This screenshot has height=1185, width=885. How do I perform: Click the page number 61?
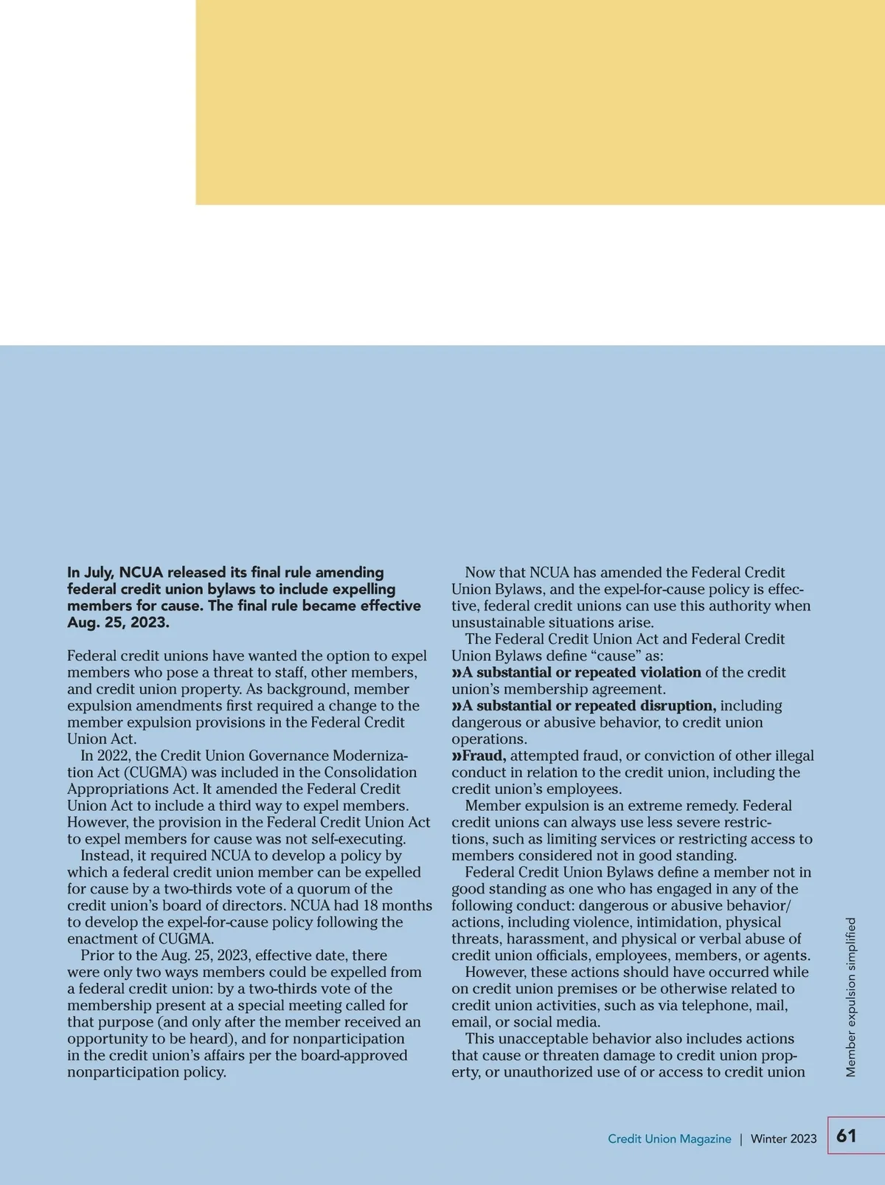click(x=847, y=1136)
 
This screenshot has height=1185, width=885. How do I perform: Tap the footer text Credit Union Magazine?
click(x=669, y=1139)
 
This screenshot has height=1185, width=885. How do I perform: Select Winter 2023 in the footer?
click(x=783, y=1139)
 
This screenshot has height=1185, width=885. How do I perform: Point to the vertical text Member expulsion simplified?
click(x=851, y=997)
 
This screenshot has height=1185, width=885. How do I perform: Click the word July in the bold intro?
click(x=97, y=573)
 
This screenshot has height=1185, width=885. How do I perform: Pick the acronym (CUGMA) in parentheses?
click(x=149, y=773)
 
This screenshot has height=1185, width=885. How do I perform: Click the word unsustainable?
click(x=491, y=623)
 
